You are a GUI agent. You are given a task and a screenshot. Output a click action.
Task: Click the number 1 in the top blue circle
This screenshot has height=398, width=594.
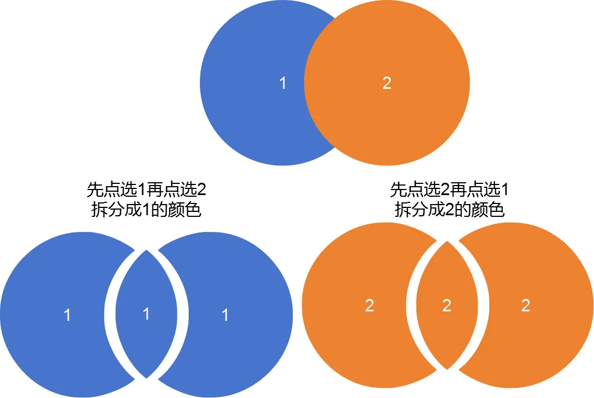[283, 84]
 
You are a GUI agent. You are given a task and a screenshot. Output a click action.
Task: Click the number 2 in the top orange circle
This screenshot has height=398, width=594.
[387, 84]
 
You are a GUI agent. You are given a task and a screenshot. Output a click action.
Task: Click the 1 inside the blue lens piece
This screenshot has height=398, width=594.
[146, 314]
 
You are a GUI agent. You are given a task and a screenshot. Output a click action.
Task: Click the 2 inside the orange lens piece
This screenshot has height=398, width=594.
[447, 306]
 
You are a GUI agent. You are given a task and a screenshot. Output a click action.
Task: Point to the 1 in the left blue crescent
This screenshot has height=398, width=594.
[67, 315]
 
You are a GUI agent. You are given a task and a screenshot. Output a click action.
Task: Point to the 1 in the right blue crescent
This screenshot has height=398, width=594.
[225, 315]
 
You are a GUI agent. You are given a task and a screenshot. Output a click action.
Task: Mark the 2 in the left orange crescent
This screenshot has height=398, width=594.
[369, 306]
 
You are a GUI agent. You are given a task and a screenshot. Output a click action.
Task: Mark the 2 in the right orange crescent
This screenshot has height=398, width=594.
[525, 306]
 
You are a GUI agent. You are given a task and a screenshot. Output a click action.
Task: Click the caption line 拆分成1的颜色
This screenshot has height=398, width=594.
[146, 211]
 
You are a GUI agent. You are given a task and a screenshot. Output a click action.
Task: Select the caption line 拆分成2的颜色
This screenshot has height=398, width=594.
[450, 211]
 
